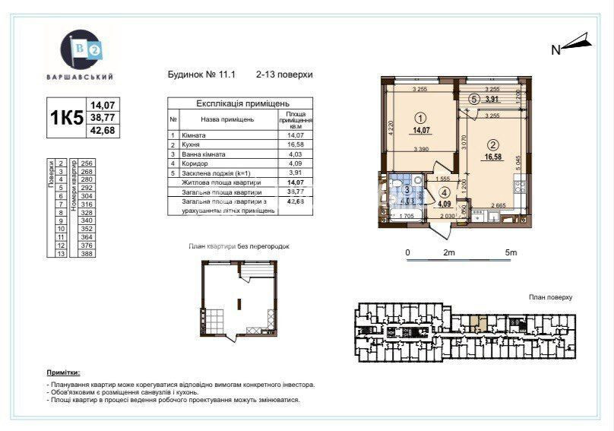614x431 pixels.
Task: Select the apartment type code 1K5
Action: coord(66,118)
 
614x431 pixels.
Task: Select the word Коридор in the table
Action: coord(195,163)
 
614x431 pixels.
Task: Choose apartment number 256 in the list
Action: coord(86,163)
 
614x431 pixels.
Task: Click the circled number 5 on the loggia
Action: coord(473,98)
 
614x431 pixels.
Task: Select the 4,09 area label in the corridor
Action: coord(444,203)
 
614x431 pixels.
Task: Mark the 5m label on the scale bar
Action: coord(510,252)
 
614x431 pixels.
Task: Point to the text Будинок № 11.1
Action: coord(201,74)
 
